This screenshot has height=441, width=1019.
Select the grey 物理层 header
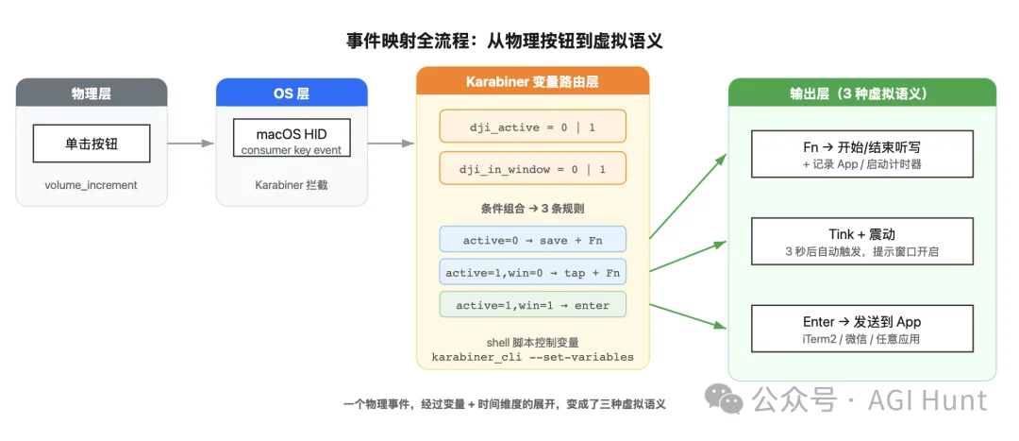92,93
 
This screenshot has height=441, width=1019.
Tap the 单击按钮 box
92,144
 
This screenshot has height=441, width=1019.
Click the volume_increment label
92,185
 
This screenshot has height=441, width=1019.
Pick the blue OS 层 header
291,93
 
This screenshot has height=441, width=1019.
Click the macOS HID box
291,138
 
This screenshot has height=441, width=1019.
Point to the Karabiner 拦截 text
291,185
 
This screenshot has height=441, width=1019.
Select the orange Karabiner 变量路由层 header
532,81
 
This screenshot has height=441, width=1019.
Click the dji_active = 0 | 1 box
532,126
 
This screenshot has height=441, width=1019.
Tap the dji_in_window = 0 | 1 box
532,169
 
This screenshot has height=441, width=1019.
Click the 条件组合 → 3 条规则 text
532,208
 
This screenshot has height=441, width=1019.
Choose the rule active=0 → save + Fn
532,240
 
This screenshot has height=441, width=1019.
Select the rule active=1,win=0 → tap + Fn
532,273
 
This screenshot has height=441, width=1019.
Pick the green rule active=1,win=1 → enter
532,305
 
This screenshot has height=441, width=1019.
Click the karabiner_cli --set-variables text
532,357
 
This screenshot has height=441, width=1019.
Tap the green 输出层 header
861,93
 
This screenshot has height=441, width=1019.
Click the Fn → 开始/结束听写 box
861,155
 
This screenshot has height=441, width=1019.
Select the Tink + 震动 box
861,242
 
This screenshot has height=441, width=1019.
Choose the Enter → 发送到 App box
861,329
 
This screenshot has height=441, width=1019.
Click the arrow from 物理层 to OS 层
192,144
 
